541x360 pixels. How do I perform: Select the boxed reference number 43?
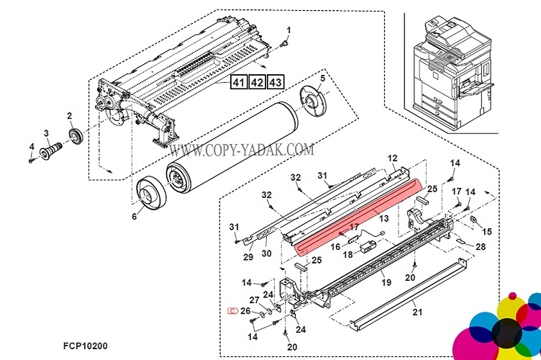tap(274, 82)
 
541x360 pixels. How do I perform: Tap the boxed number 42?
tap(256, 82)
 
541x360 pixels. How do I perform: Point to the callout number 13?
tap(383, 218)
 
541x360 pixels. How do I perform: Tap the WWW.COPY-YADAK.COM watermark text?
tap(241, 150)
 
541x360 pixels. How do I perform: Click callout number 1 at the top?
tap(289, 30)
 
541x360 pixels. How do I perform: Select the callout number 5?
tap(322, 78)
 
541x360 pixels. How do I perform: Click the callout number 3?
tap(46, 132)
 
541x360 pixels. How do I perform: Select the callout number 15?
tap(486, 231)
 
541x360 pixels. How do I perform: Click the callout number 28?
tap(481, 247)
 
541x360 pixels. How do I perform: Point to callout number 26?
tap(245, 311)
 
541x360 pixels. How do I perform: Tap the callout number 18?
tap(347, 255)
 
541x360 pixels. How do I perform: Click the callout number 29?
tap(248, 257)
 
